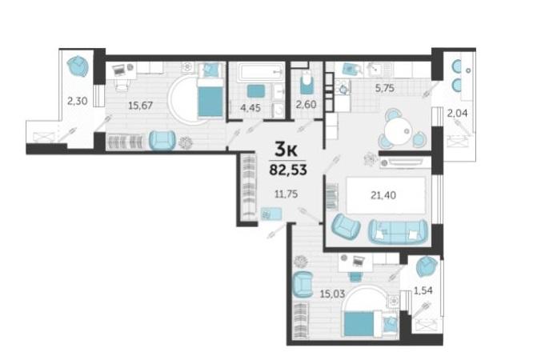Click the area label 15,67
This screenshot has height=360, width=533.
click(140, 106)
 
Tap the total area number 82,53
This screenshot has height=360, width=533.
click(288, 170)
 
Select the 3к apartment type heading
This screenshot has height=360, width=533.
click(286, 150)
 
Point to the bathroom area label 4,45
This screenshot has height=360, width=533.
click(250, 108)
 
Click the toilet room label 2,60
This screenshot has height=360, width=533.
click(306, 104)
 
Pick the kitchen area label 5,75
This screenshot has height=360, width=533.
click(384, 88)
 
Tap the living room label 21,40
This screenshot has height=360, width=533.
click(383, 195)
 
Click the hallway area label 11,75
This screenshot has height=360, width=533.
click(287, 194)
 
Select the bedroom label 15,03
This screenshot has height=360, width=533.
click(332, 294)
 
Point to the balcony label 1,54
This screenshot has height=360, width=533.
click(423, 290)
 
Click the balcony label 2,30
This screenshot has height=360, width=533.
click(77, 101)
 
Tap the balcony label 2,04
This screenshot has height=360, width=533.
click(457, 114)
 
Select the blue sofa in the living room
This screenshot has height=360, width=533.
click(399, 231)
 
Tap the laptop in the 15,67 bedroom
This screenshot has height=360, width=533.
click(119, 70)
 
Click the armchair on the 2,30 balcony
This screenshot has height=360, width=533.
click(78, 66)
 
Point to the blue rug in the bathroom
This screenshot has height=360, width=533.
click(256, 91)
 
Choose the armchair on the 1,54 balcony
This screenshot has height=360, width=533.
click(427, 266)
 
